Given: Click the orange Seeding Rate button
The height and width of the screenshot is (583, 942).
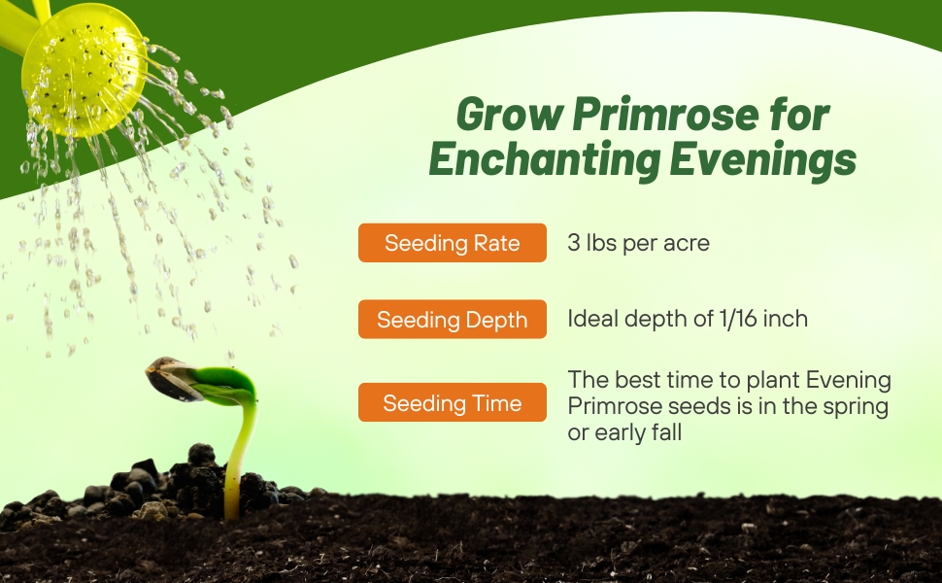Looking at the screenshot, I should pos(452,243).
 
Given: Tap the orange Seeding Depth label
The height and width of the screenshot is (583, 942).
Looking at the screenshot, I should pos(452,320).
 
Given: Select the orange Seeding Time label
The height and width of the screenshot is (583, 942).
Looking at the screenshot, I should pos(452,403).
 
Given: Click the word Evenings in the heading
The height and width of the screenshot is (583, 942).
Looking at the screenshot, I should pos(762,159).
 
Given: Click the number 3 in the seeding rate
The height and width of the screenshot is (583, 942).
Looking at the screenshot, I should pos(574,243).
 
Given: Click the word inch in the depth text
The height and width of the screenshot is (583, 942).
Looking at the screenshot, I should pos(786,319).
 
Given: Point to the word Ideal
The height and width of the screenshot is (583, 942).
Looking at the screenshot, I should pos(591,319).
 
